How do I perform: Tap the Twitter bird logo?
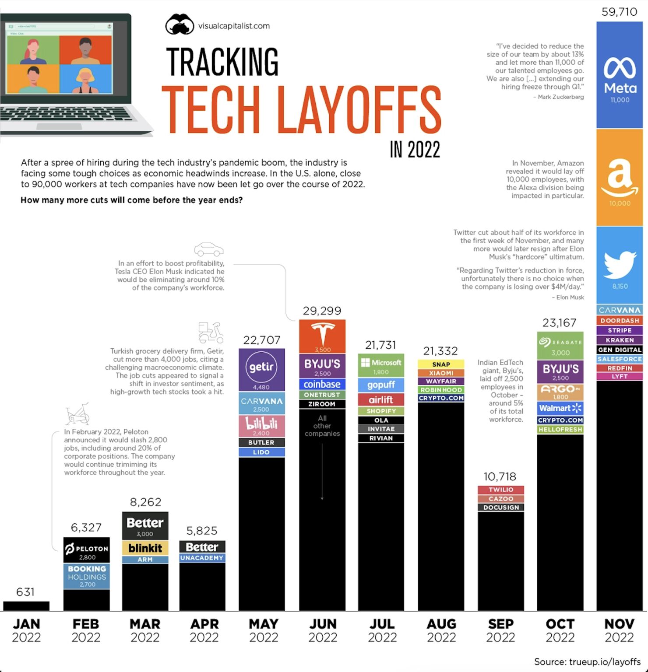coord(620,264)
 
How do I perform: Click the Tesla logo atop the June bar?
coord(322,335)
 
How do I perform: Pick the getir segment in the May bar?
coord(261,369)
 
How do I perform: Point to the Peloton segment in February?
coord(87,550)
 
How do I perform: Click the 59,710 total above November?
coord(619,12)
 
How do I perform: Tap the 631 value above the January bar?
coord(25,592)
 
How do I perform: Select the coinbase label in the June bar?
coord(322,384)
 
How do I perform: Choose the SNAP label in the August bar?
coord(441,364)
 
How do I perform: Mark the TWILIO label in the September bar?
coord(501,490)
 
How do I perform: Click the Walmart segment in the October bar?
coord(560,408)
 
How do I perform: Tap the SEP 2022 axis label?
coord(500,630)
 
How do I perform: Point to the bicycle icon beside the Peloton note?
coord(77,414)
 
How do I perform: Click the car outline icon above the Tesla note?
coord(209,249)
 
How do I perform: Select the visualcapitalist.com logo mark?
coord(180,24)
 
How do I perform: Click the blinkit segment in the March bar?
coord(145,548)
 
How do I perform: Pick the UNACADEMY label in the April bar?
coord(202,558)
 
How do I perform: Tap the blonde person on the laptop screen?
coord(85,79)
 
